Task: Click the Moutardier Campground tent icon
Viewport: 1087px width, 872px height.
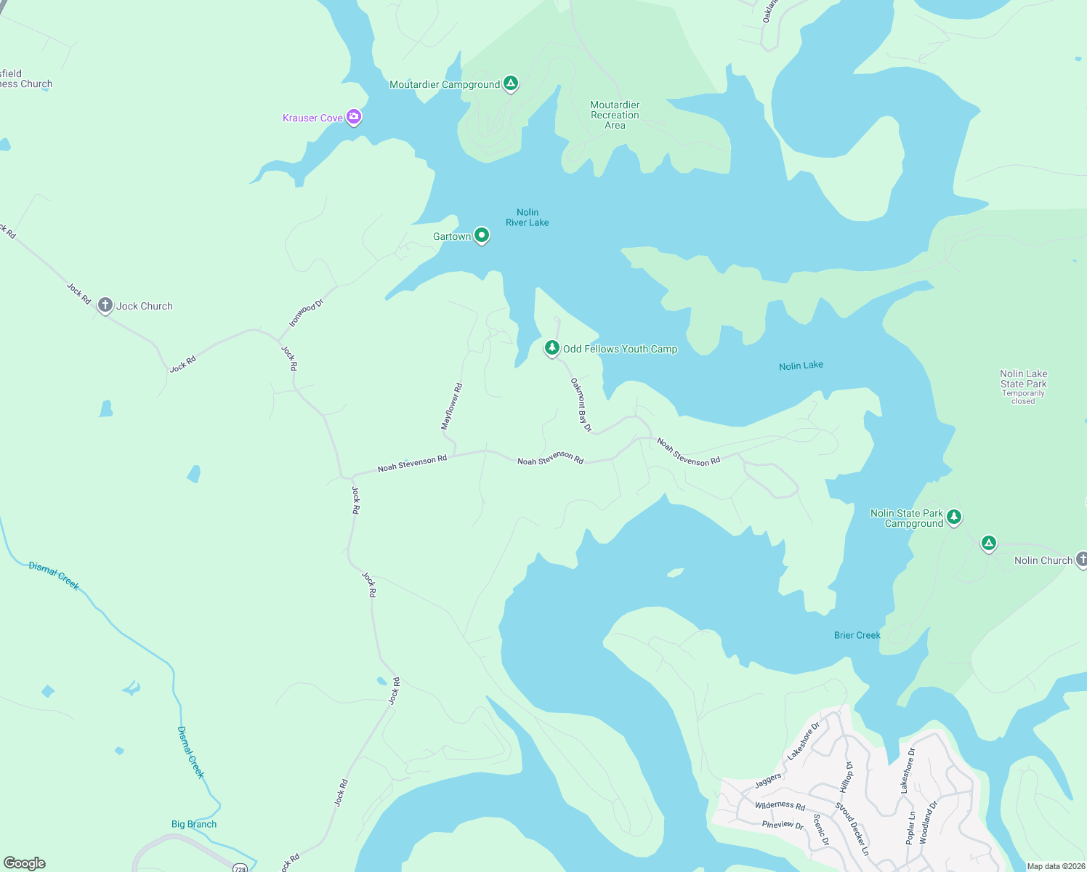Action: [x=511, y=84]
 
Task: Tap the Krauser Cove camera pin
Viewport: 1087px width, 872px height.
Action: [x=354, y=116]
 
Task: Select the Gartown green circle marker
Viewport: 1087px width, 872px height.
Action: [x=481, y=235]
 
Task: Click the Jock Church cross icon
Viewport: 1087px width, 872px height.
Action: [x=105, y=305]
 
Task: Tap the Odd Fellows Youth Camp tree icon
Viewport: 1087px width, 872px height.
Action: [x=552, y=348]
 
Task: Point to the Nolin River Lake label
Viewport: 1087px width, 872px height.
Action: [x=528, y=217]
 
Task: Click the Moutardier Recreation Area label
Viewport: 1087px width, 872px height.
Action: [x=615, y=115]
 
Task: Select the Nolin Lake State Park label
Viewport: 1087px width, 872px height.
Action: [x=1023, y=379]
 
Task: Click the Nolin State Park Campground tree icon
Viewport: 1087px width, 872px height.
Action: [x=954, y=517]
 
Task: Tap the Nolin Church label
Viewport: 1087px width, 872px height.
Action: [x=1043, y=560]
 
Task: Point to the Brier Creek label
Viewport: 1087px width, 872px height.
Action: [x=857, y=635]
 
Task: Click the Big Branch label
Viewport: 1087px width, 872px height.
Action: [x=194, y=824]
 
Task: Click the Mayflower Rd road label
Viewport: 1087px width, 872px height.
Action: [x=452, y=406]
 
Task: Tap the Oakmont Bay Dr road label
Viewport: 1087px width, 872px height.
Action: [x=581, y=405]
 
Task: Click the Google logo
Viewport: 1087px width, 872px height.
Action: [x=25, y=863]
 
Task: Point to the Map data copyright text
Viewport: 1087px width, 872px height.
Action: [x=1056, y=866]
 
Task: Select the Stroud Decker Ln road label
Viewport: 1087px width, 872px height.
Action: [x=852, y=829]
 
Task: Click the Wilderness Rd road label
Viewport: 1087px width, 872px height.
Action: [x=780, y=805]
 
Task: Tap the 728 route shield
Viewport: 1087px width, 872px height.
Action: [x=239, y=868]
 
